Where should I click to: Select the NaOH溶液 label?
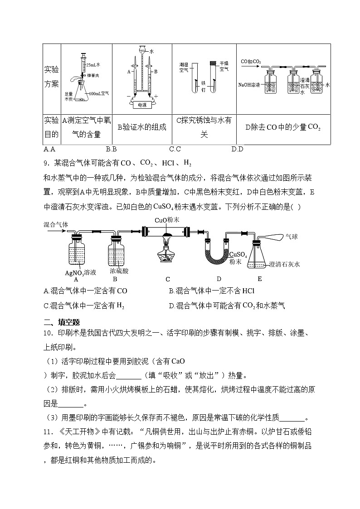tap(249, 84)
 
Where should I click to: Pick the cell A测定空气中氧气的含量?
tap(80, 127)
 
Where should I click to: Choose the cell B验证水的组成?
tap(142, 127)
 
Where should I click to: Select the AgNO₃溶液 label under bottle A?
tap(80, 272)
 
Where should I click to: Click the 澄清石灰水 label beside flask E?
tap(285, 263)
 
